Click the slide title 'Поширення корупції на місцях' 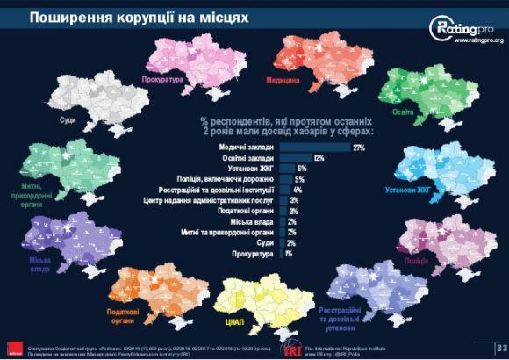[127, 18]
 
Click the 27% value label [358, 147]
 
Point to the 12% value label [319, 157]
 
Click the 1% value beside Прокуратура [289, 254]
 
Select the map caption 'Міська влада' [39, 263]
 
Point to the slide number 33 [501, 347]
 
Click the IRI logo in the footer [290, 348]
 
